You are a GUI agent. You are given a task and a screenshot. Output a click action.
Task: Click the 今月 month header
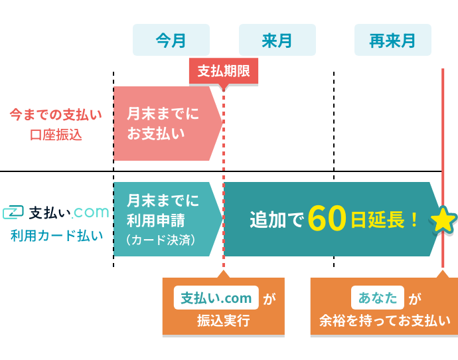coord(171,40)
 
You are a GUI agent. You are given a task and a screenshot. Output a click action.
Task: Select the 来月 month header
coord(277,40)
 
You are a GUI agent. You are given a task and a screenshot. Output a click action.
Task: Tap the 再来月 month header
coord(393,40)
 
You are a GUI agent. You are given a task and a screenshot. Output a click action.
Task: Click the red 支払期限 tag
coord(224,71)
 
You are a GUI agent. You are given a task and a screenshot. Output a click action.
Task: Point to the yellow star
coord(443,220)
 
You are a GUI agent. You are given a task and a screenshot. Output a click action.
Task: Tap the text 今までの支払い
coord(56,114)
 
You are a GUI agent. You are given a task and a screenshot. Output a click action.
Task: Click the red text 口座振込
coord(56,135)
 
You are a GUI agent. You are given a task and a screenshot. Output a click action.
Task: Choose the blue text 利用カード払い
coord(57,236)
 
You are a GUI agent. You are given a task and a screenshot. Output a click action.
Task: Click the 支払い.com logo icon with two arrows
coord(13,212)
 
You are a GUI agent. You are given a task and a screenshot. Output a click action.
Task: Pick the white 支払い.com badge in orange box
coord(216,298)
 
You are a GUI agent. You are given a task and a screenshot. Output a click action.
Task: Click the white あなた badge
coord(378,298)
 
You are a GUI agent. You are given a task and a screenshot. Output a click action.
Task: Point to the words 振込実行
coord(224,321)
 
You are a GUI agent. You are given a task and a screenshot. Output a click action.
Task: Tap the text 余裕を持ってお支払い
coord(385,321)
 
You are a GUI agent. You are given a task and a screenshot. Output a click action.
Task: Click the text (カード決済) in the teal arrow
coord(161,240)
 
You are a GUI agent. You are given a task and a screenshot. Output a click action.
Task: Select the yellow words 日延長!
coord(384,220)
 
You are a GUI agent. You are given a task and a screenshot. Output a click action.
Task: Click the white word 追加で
coord(277,220)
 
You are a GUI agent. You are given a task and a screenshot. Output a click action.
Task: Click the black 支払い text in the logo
coord(50,213)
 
